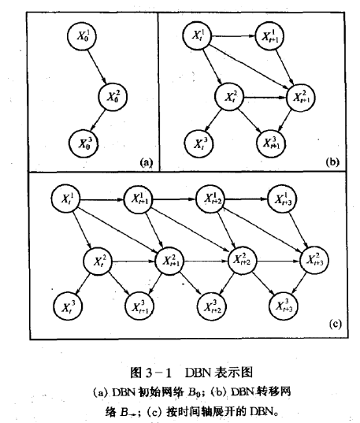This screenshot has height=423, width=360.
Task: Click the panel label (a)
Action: click(144, 161)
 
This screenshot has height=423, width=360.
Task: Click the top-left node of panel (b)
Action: click(196, 36)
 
